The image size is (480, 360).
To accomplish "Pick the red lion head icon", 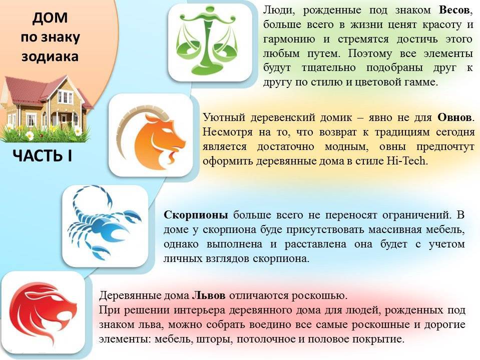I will click(43, 312).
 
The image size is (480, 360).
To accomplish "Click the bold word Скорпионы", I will click(196, 215).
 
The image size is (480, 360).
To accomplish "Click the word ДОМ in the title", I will click(50, 19).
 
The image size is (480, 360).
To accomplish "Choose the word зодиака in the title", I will click(50, 56).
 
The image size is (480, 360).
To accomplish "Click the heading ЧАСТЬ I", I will click(42, 156).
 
